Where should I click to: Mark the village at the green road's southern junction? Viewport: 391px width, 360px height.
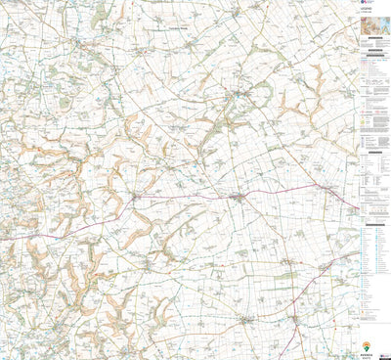click(296, 320)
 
